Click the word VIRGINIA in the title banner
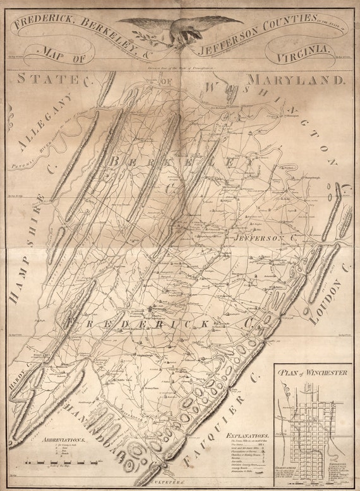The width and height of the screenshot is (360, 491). pyautogui.click(x=301, y=56)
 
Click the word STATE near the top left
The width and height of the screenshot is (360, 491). pyautogui.click(x=46, y=80)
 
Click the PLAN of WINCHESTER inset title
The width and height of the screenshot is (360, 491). pyautogui.click(x=314, y=373)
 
